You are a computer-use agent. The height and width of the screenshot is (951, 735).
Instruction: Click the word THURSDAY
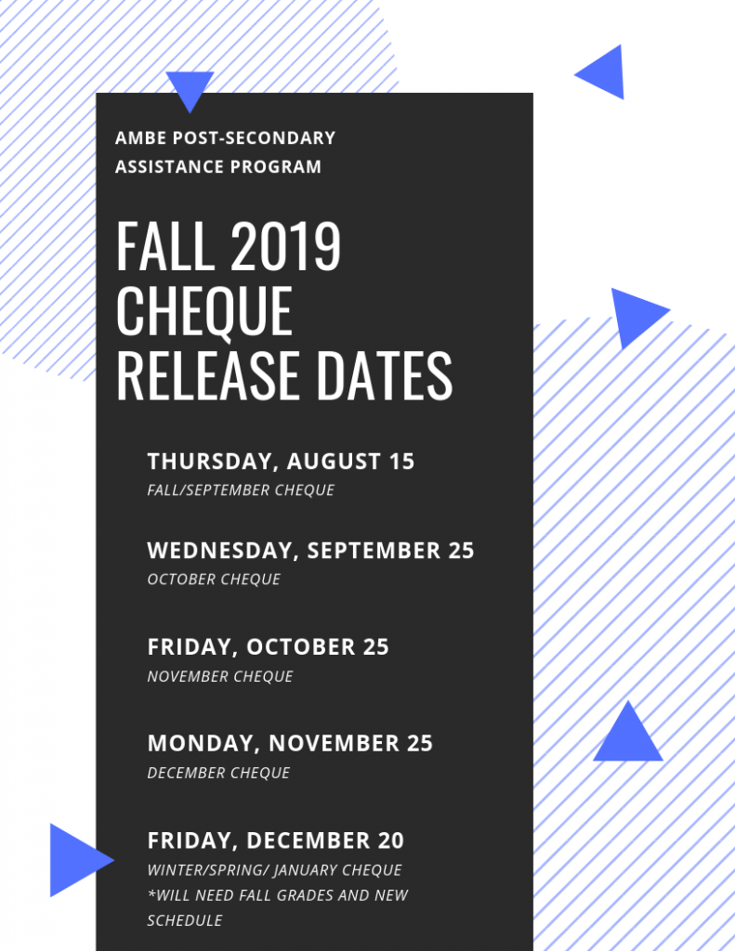(x=211, y=462)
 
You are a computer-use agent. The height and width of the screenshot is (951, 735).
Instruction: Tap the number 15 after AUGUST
(x=401, y=462)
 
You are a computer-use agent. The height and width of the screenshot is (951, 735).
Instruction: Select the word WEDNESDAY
(x=221, y=551)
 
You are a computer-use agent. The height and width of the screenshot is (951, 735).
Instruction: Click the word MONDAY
(x=203, y=744)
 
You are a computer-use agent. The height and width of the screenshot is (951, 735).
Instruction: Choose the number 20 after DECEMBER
(x=391, y=840)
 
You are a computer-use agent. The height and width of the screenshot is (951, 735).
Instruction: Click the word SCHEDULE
(x=185, y=920)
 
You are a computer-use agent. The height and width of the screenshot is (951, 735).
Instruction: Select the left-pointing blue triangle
(x=605, y=72)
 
